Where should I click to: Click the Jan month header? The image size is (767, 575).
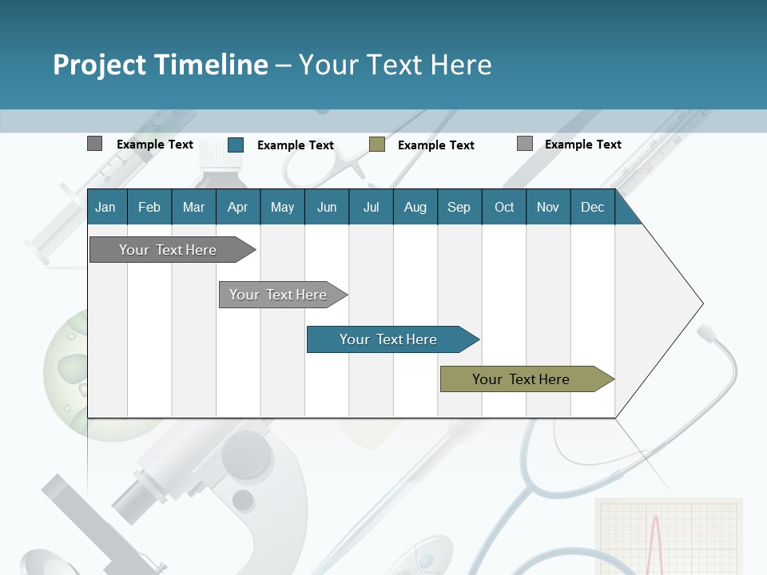coord(105,207)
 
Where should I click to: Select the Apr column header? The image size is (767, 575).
coord(237,207)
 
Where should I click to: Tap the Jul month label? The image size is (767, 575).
coord(371,207)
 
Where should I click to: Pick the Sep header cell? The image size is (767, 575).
coord(459,207)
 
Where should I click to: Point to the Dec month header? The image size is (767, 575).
coord(592,207)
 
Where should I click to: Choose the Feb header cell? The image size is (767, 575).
coord(149,207)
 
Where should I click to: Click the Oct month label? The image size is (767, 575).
coord(504,207)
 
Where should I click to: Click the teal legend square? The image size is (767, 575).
coord(236,145)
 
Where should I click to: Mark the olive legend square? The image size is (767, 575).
coord(377,145)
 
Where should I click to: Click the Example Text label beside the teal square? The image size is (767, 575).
coord(296,145)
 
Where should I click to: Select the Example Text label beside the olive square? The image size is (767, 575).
coord(436,145)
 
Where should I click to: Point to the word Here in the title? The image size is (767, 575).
coord(460,65)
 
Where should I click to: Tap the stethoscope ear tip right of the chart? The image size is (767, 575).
coord(706,331)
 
